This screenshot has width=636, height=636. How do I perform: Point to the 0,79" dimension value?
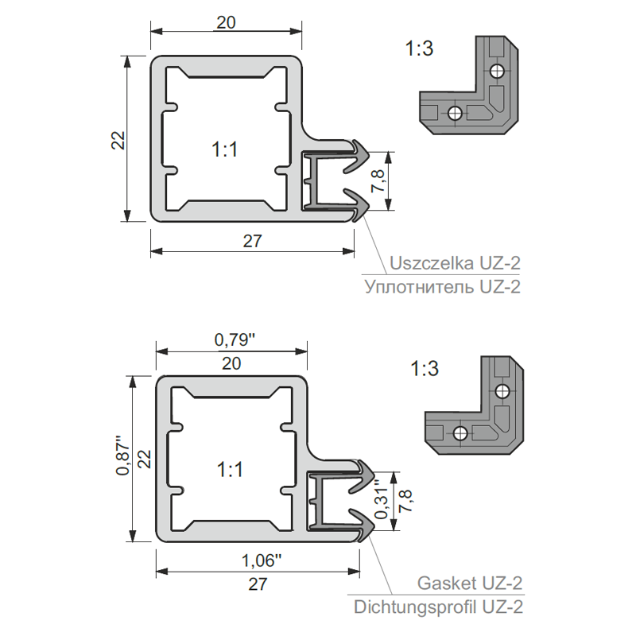coord(235,340)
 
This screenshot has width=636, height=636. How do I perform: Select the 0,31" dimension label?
coord(382,503)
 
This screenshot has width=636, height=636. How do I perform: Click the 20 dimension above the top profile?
coord(226,23)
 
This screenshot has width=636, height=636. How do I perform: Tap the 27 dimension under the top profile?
coord(252,241)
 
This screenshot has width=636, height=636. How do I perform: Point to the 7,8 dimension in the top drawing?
coord(379,182)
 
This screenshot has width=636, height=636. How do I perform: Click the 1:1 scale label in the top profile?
coord(225,149)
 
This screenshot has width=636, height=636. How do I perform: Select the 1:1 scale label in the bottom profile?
coord(229,470)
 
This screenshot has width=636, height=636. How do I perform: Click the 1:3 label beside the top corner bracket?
coord(418,49)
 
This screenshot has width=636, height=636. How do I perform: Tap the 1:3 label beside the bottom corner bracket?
coord(425,369)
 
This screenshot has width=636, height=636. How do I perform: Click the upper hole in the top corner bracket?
coord(498,72)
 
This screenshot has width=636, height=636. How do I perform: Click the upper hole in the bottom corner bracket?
coord(502,391)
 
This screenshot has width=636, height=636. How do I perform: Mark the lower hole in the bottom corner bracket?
coord(460,432)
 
